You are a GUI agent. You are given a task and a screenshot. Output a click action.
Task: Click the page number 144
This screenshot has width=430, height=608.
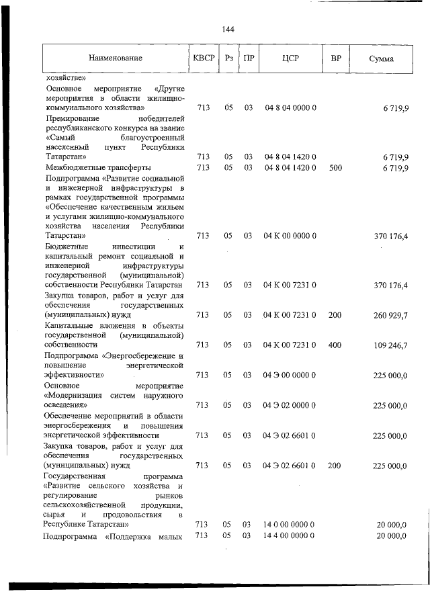click(x=227, y=29)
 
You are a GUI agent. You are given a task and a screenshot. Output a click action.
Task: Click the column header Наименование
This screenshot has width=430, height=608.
click(x=116, y=58)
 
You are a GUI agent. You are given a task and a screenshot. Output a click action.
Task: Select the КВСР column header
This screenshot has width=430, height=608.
click(x=204, y=58)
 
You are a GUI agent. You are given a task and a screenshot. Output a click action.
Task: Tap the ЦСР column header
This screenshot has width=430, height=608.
click(x=290, y=58)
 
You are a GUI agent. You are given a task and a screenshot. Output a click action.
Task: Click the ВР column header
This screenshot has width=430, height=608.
click(x=335, y=58)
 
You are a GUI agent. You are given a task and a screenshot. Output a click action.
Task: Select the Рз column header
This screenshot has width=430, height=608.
click(x=229, y=58)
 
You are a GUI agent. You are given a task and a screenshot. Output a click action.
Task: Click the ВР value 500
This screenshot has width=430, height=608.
click(x=335, y=167)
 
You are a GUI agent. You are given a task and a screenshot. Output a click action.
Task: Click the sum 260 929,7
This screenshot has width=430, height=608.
click(x=390, y=314)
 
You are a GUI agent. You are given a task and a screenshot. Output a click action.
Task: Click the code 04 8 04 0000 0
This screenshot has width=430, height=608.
click(x=290, y=107)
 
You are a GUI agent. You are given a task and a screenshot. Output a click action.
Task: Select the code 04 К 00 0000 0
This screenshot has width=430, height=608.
click(x=290, y=236)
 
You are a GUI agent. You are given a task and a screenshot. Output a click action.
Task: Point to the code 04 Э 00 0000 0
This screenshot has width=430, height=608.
click(x=290, y=375)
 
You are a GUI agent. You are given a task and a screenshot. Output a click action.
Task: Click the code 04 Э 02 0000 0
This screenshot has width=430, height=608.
click(x=290, y=405)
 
